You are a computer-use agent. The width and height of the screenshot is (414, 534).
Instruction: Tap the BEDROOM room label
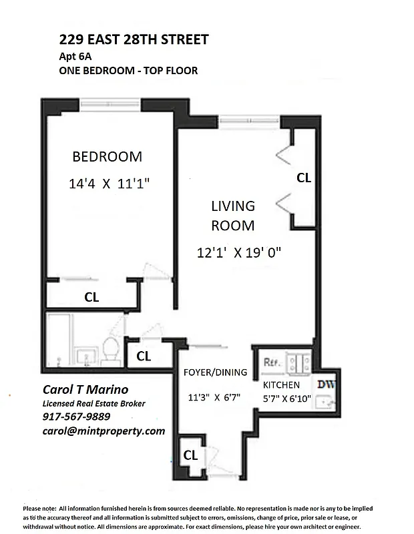tap(107, 157)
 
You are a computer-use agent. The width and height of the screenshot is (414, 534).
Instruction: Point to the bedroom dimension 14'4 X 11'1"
tap(107, 184)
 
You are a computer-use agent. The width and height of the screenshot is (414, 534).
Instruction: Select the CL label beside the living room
tap(304, 178)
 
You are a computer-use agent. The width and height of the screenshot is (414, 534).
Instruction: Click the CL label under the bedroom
tap(91, 298)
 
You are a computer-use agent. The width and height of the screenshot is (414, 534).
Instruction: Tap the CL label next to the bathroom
tap(144, 356)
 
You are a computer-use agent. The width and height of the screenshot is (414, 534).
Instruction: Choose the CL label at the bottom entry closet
tap(190, 455)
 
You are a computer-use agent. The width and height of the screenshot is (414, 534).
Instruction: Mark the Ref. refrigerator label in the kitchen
tap(271, 362)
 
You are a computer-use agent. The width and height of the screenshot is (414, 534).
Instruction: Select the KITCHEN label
tap(281, 385)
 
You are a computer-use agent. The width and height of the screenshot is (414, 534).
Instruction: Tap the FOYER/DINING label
tap(215, 372)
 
